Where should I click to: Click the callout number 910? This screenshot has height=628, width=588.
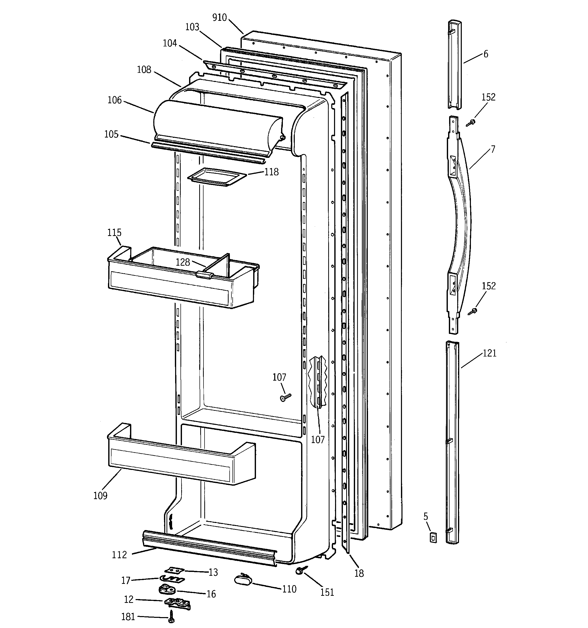(x=219, y=18)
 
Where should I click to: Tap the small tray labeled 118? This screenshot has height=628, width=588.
(x=217, y=177)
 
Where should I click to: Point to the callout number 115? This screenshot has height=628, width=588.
(x=114, y=232)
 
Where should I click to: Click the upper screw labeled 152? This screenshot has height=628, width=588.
(x=471, y=123)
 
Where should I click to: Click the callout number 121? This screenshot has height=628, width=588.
(x=489, y=353)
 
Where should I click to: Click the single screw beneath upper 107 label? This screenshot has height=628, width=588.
(x=285, y=397)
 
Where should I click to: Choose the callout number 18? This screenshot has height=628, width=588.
(x=359, y=573)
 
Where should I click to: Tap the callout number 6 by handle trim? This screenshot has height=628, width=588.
(x=486, y=54)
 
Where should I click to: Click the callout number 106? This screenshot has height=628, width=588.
(x=114, y=100)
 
